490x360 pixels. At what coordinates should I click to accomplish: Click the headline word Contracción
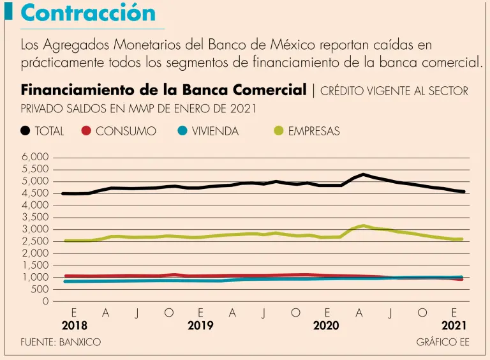(x=88, y=13)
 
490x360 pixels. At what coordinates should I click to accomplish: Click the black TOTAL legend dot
(x=26, y=131)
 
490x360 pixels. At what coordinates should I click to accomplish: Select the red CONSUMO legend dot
(x=87, y=131)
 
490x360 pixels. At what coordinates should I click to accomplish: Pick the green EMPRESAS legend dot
(x=279, y=131)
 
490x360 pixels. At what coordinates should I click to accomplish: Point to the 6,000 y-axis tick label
(x=36, y=157)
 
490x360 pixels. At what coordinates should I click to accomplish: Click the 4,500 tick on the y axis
(x=36, y=193)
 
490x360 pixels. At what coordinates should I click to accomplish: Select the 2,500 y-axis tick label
(x=36, y=241)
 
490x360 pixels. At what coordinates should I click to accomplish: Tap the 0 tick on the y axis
(x=45, y=301)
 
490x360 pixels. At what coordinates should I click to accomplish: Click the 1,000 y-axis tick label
(x=36, y=278)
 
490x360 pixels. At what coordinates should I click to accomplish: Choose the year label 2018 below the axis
(x=74, y=325)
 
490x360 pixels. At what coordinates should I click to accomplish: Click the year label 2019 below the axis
(x=200, y=325)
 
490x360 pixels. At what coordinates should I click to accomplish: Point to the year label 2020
(x=326, y=325)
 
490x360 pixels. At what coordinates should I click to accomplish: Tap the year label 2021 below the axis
(x=454, y=325)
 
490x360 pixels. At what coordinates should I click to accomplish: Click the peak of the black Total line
(x=363, y=174)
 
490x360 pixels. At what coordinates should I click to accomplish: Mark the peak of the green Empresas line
(x=363, y=225)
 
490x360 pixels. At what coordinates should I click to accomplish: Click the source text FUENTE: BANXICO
(x=61, y=342)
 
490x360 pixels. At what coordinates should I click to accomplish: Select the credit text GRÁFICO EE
(x=442, y=342)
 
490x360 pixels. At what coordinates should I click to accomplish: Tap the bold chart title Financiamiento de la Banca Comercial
(x=164, y=90)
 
